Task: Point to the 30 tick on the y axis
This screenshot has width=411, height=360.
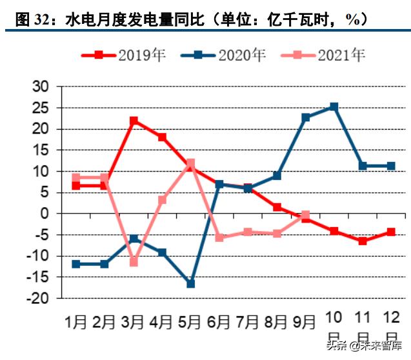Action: click(40, 86)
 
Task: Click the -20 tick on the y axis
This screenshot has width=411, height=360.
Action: click(37, 299)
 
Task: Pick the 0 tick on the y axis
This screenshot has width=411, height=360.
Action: click(45, 214)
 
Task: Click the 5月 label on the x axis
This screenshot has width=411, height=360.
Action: click(190, 320)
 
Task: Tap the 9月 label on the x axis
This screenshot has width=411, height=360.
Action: click(305, 320)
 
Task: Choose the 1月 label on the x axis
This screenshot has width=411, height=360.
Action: click(75, 320)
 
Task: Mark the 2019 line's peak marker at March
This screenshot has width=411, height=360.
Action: click(134, 121)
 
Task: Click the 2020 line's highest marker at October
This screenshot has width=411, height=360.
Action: click(334, 106)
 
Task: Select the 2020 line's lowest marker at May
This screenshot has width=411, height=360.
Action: click(190, 283)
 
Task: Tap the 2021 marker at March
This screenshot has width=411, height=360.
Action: click(134, 262)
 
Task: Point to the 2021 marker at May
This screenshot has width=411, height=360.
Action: click(190, 163)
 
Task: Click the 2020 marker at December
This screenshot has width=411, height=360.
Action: click(391, 166)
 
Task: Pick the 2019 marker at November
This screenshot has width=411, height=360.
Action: click(363, 241)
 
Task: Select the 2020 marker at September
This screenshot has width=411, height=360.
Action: click(305, 117)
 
